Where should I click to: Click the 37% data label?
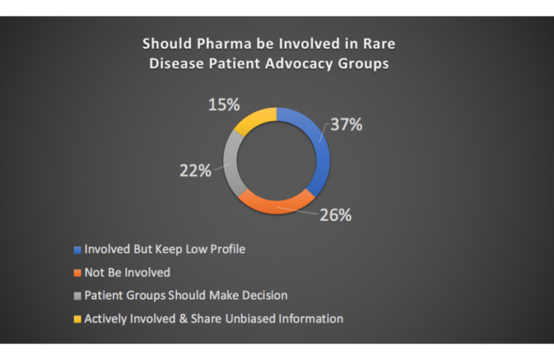tap(346, 125)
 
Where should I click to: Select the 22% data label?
tap(196, 171)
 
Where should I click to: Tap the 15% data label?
tap(224, 104)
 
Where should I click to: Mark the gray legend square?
tap(78, 295)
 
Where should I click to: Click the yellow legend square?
tap(78, 318)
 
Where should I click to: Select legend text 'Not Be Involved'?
tap(127, 273)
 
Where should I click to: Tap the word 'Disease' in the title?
tap(174, 63)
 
